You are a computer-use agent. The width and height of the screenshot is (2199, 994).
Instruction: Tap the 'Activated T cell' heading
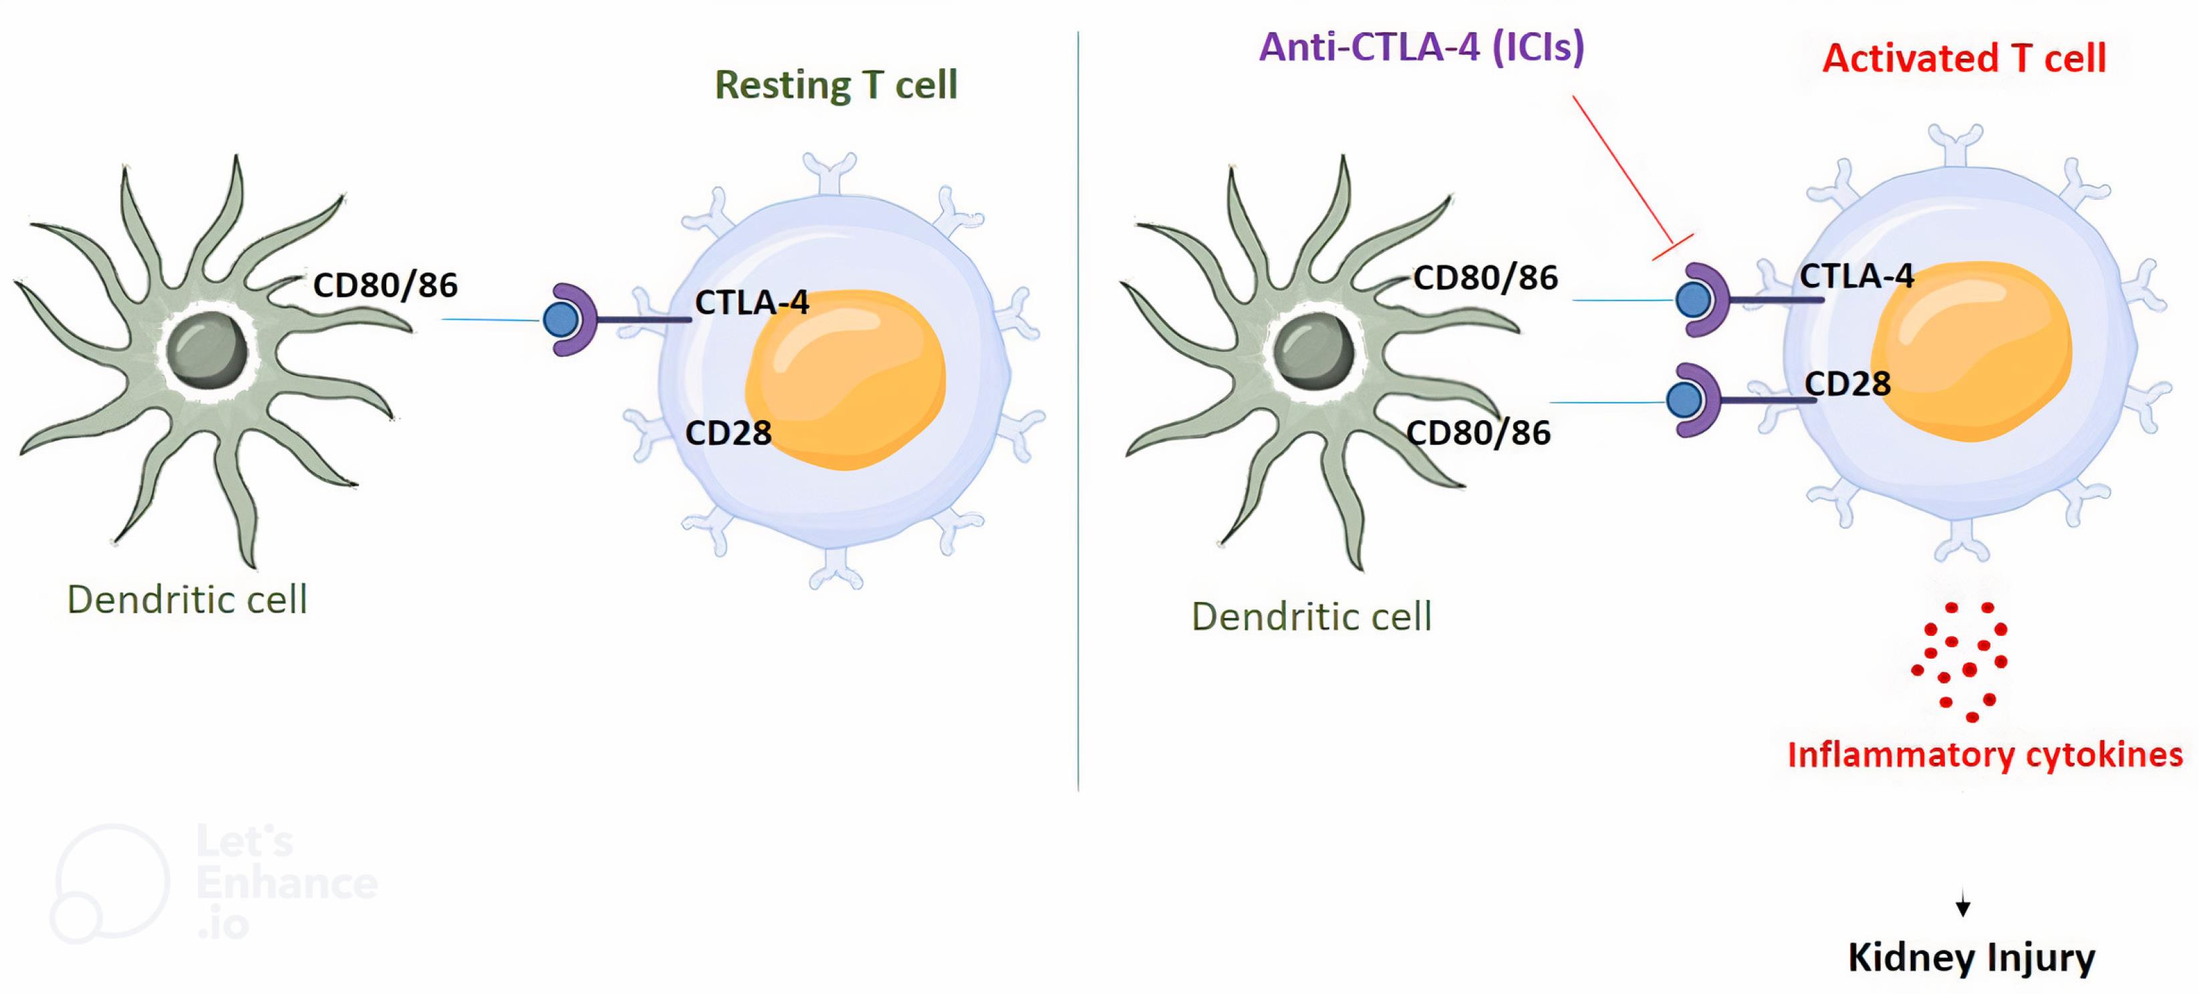click(x=1964, y=58)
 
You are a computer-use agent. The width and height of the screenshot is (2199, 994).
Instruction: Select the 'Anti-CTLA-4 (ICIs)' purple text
click(x=1421, y=46)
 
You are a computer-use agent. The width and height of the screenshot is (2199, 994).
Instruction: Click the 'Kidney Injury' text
click(x=1971, y=957)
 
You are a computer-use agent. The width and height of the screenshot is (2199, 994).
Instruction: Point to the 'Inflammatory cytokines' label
click(x=1984, y=754)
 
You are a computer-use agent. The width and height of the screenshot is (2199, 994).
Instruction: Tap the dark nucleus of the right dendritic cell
click(x=1313, y=351)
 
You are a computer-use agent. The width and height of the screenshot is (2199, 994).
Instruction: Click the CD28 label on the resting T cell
click(x=728, y=433)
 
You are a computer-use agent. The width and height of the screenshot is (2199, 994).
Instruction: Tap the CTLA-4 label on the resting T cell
click(x=751, y=302)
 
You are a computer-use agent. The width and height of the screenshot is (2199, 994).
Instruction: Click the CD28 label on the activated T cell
click(x=1847, y=384)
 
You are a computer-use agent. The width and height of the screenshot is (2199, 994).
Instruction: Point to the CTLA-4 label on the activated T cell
click(x=1857, y=276)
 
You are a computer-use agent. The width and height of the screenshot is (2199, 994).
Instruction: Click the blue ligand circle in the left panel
click(x=560, y=320)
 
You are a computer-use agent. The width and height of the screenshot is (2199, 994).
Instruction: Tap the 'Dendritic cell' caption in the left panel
click(x=187, y=599)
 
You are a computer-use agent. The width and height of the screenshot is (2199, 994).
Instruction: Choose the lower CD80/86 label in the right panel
click(x=1478, y=433)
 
